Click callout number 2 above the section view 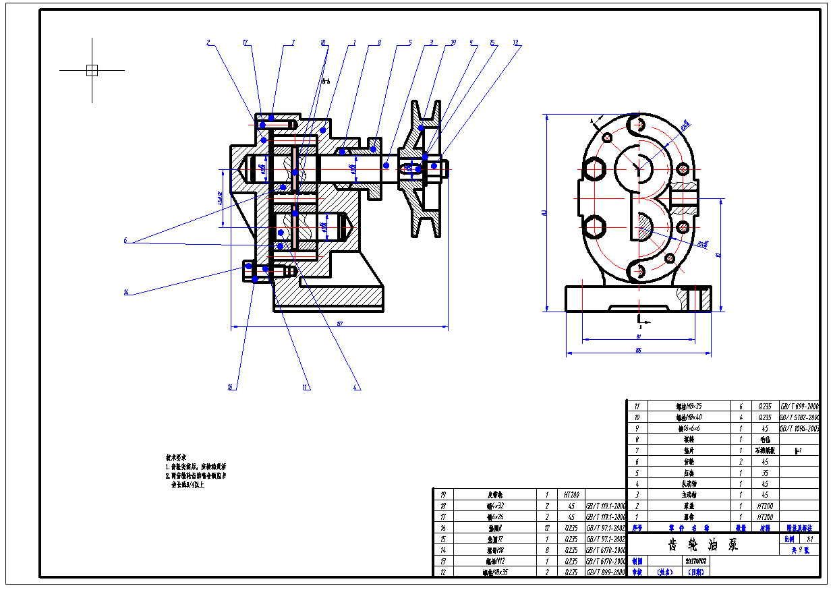coord(208,43)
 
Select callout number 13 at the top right coord(516,43)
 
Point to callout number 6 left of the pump coord(125,240)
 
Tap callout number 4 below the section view coord(357,387)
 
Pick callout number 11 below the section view coord(305,387)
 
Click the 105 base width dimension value coord(637,350)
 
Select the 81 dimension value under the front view coord(637,335)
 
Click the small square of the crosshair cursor coord(92,70)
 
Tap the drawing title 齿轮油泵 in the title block coord(703,545)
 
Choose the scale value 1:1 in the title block coord(810,539)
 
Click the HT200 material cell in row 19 coord(572,494)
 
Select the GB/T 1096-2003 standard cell coord(800,428)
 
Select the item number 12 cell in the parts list coord(444,572)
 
